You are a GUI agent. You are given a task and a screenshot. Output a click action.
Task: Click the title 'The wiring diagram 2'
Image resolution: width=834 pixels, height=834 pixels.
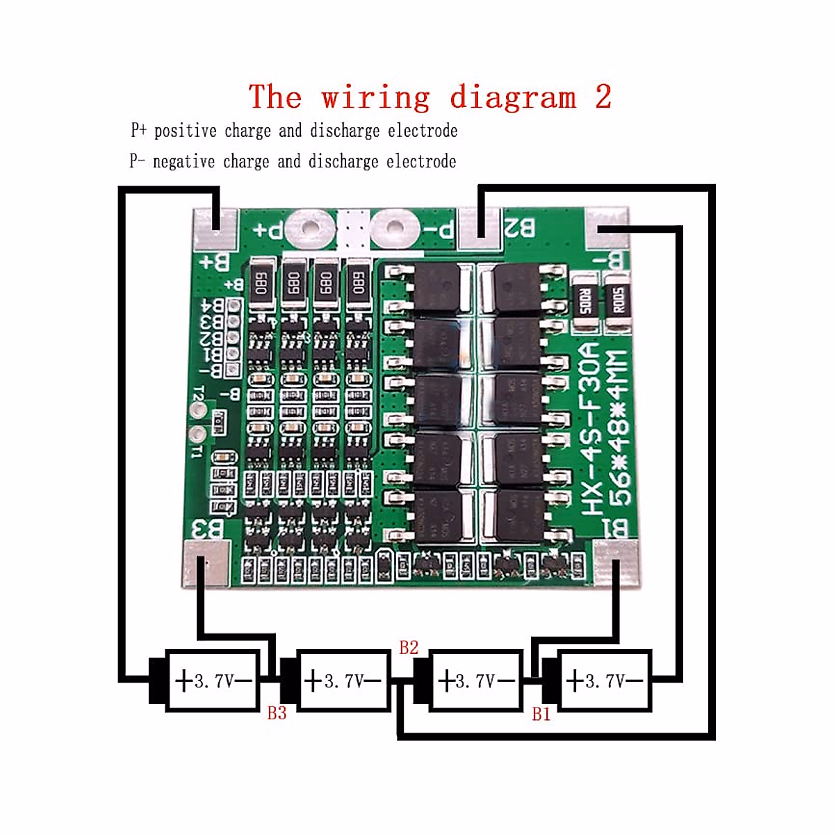tap(430, 97)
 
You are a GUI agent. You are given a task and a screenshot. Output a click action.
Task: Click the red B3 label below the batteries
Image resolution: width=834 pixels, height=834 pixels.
tap(277, 713)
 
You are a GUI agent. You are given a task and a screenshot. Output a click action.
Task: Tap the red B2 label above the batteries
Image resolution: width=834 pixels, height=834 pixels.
tap(409, 648)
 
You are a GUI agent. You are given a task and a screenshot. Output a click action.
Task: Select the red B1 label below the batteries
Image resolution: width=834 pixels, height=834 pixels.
tap(541, 714)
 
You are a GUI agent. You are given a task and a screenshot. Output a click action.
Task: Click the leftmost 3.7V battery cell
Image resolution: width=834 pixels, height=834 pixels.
tap(212, 680)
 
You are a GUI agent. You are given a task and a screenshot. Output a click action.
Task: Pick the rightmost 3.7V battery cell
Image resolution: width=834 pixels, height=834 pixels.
tap(604, 680)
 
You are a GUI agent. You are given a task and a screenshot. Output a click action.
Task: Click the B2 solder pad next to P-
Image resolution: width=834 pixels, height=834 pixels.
tap(479, 229)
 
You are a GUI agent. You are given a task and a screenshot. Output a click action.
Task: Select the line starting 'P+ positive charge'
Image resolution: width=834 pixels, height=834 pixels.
tap(294, 131)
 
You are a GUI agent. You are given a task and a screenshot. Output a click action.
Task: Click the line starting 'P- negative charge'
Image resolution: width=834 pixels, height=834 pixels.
tap(293, 161)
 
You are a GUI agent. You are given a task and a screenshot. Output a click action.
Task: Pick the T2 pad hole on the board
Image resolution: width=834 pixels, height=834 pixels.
tap(199, 411)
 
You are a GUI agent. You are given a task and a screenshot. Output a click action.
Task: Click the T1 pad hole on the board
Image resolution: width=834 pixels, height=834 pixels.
tap(199, 435)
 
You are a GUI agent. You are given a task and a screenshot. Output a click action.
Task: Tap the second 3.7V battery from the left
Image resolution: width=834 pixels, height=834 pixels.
tap(343, 680)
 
